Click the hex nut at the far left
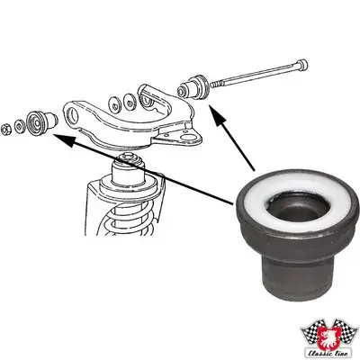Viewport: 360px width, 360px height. pyautogui.click(x=5, y=130)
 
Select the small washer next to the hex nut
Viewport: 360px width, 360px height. pyautogui.click(x=20, y=125)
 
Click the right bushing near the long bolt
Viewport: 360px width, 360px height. pyautogui.click(x=193, y=86)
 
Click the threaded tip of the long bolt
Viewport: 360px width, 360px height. pyautogui.click(x=213, y=85)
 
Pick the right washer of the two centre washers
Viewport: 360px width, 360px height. pyautogui.click(x=130, y=101)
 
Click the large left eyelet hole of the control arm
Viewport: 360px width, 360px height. pyautogui.click(x=73, y=113)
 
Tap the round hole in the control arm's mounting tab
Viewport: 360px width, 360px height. pyautogui.click(x=189, y=137)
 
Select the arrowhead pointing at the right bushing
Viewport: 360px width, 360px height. pyautogui.click(x=217, y=114)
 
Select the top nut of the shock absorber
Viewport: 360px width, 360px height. pyautogui.click(x=130, y=159)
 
